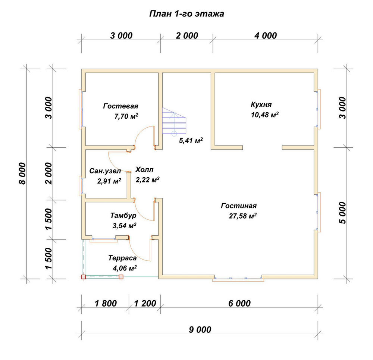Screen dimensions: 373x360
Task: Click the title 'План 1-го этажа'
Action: coord(186,14)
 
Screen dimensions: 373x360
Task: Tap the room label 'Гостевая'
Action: coord(120,106)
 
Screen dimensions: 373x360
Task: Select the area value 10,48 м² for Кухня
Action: coord(265,115)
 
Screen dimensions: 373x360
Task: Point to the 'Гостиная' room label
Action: coord(239,206)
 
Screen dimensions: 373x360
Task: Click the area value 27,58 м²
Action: coord(243,216)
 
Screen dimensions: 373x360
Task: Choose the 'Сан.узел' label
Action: coord(105,171)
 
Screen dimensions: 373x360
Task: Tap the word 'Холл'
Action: coord(144,170)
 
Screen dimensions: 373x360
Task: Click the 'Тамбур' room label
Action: coord(123,215)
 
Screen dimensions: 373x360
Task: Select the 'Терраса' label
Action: coord(122,258)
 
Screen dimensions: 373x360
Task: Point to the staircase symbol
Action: coord(174,121)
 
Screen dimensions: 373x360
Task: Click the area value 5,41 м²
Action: coord(191,140)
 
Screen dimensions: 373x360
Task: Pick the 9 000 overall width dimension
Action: coord(200,329)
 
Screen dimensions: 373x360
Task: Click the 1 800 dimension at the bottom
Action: coord(106,303)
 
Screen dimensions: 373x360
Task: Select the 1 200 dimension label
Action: coord(145,303)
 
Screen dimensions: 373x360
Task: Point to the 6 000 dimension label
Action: coord(239,303)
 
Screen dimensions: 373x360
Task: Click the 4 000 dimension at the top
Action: coord(266,36)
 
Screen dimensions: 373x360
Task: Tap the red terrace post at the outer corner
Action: coord(84,277)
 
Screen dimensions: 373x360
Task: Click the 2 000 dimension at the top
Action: coord(187,36)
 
